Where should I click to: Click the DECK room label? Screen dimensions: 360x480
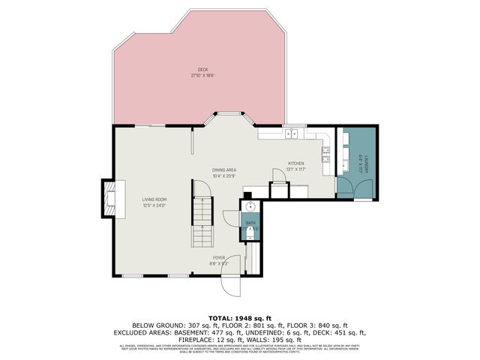tap(202, 70)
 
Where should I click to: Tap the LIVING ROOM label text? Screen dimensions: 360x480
tap(154, 199)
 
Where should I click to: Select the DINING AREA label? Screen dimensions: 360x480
tap(224, 170)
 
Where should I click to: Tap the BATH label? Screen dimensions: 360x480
tap(250, 223)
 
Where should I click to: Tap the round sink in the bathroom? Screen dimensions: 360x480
tap(249, 207)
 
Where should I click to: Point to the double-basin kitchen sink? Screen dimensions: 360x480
tap(292, 133)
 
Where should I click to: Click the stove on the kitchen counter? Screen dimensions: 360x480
tap(327, 155)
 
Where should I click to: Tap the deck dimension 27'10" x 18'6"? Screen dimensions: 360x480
tap(202, 76)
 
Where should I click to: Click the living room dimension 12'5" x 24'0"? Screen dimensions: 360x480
tap(154, 205)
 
